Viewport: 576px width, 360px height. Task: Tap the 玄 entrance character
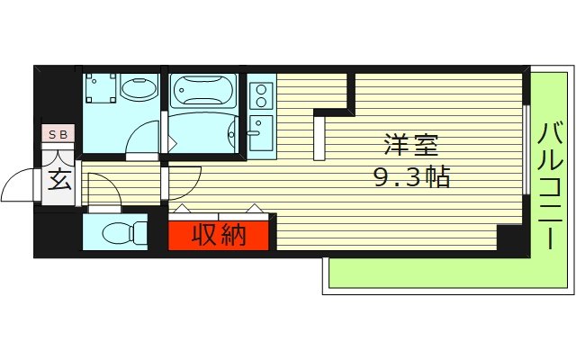coord(59,180)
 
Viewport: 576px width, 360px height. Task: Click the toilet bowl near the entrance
coord(123,233)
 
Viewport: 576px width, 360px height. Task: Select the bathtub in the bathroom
coord(202,91)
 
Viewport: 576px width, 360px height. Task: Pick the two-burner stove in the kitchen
coord(261,94)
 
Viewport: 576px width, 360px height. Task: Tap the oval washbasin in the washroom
coord(139,91)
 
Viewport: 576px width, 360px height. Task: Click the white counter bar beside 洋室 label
coord(319,137)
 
